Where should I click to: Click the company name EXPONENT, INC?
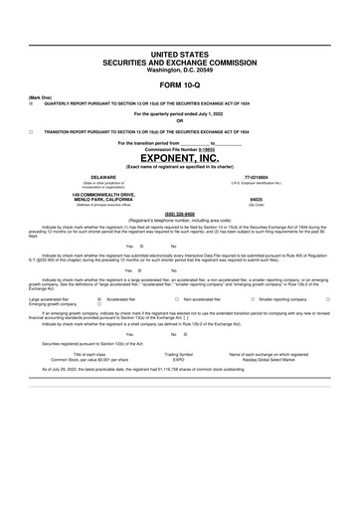(179, 157)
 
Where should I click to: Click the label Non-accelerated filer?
(203, 297)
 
